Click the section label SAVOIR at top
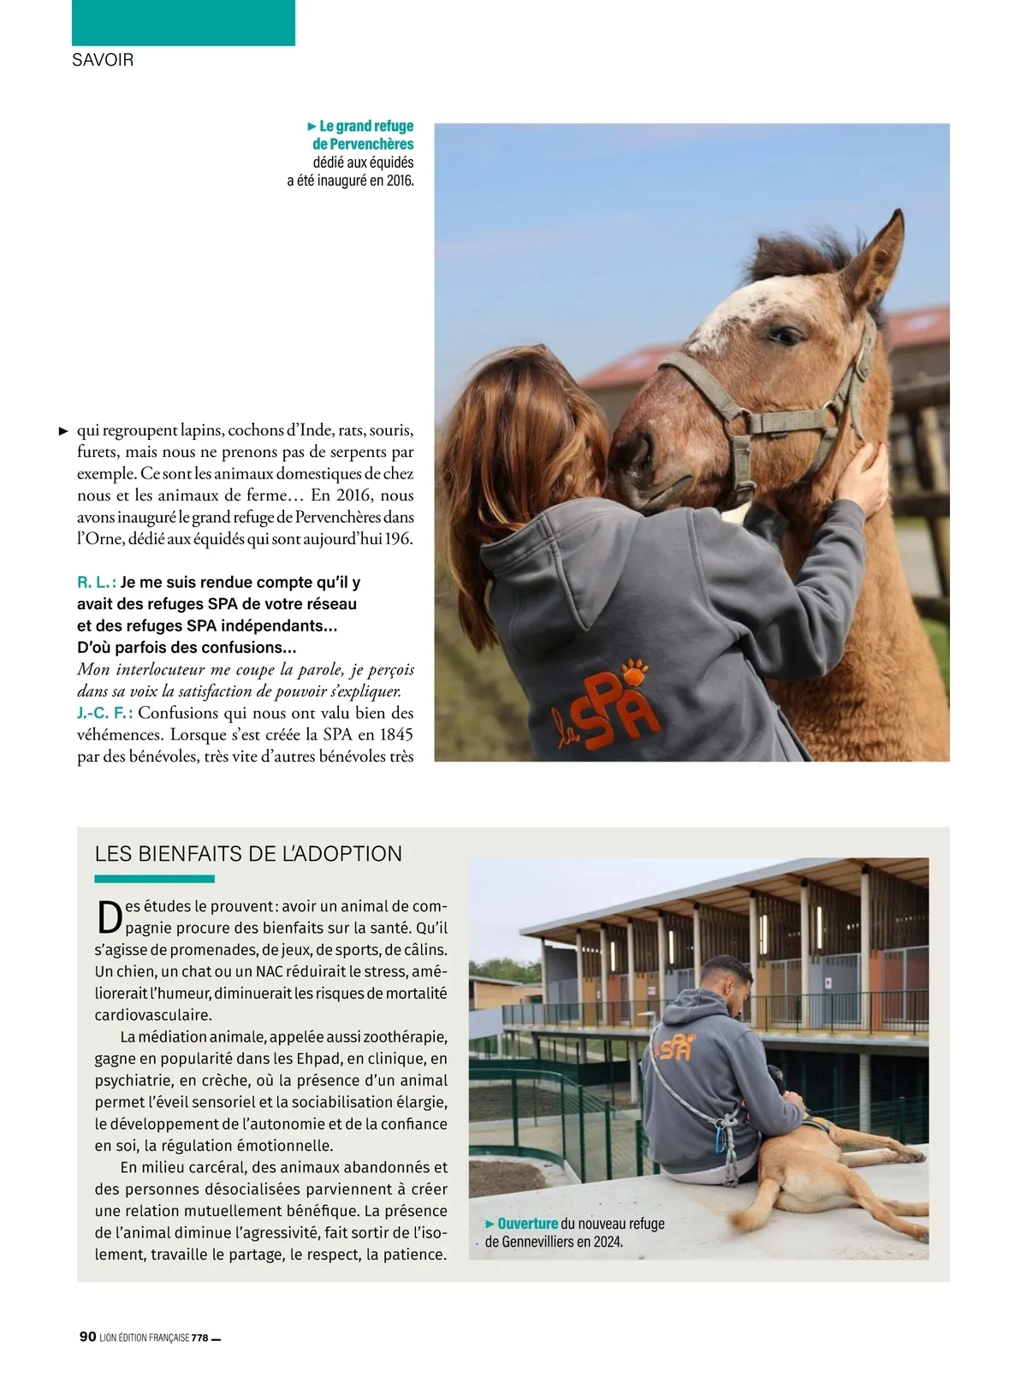pos(103,61)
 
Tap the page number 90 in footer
pos(87,1337)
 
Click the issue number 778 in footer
pos(199,1338)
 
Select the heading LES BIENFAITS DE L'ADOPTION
pos(248,853)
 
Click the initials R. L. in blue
pos(96,583)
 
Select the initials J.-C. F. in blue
pos(104,713)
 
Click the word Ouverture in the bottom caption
pos(527,1223)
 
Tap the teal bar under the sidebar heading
pos(154,879)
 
